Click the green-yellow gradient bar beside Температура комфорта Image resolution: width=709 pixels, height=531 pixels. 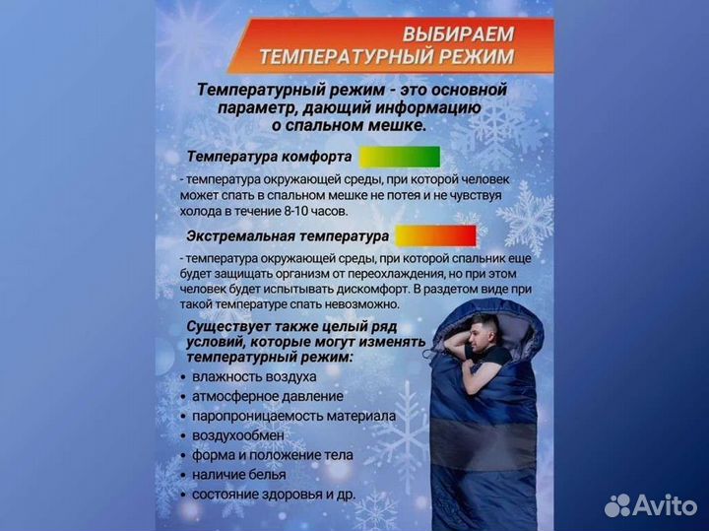399,157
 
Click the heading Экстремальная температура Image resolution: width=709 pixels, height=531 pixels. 288,236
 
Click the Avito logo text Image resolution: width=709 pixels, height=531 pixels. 662,504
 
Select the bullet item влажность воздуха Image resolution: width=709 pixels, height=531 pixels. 254,376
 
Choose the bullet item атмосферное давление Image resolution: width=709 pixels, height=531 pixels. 268,396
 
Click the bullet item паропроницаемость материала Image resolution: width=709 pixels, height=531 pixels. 294,416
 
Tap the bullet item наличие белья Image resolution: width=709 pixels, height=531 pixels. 240,474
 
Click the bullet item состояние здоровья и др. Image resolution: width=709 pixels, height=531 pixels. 274,494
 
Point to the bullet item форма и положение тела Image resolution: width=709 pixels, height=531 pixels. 273,454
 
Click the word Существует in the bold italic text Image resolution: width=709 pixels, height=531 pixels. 226,326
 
